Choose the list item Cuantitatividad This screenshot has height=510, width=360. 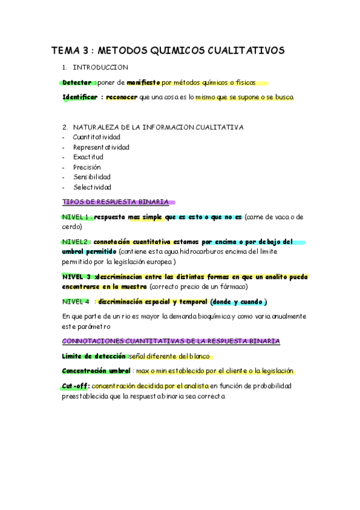coord(96,137)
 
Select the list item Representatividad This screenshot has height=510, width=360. coord(101,147)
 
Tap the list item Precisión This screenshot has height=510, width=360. coord(87,167)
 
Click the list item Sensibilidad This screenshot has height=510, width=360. coord(92,177)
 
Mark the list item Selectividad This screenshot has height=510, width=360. coord(92,187)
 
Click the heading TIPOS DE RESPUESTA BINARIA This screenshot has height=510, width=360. coord(115,202)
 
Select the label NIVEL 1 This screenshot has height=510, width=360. coord(76,217)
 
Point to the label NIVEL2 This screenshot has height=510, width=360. coord(75,242)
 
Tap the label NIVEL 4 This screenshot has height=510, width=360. coord(76,301)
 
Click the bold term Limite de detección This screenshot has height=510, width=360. coord(94,356)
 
